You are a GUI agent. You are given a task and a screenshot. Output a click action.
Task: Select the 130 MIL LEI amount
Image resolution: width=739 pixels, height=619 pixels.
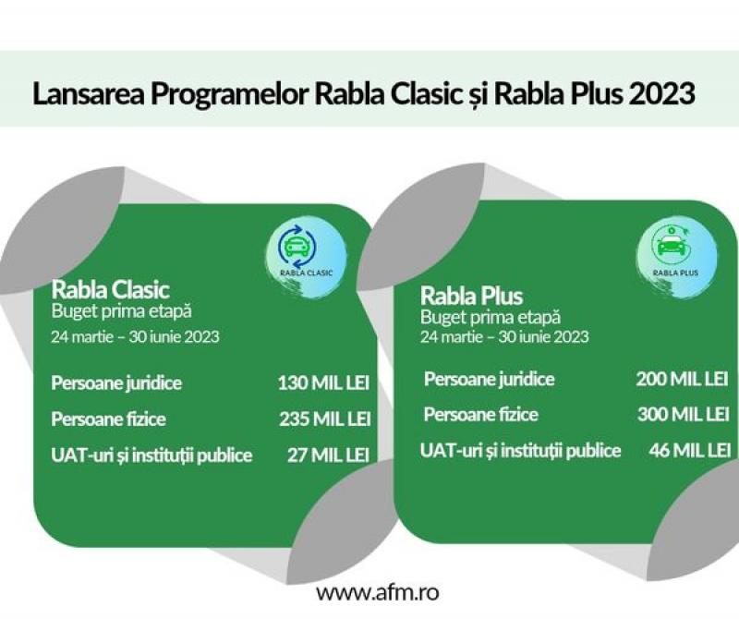click(323, 382)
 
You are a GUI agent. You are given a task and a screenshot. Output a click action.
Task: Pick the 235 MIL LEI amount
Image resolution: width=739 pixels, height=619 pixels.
click(325, 419)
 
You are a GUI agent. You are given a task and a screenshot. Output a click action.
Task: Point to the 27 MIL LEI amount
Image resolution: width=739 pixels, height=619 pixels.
click(329, 455)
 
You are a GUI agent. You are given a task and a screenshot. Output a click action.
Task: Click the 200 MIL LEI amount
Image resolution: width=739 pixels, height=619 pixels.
click(682, 379)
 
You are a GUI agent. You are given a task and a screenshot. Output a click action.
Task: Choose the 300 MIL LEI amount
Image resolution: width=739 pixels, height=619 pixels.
click(684, 414)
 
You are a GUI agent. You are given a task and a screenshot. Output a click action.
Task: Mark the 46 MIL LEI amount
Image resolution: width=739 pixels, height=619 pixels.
click(690, 450)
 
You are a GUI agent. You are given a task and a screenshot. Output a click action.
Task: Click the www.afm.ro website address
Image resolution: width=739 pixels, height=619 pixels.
click(378, 592)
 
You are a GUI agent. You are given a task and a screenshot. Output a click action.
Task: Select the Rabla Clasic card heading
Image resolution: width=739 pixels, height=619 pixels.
click(110, 289)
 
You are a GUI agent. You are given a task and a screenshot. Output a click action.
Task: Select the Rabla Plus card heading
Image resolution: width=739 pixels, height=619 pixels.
click(472, 296)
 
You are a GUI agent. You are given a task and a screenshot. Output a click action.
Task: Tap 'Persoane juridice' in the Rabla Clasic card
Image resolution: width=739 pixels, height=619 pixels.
click(116, 382)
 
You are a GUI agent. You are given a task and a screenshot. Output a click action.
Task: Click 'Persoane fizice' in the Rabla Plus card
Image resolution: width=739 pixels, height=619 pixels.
click(480, 415)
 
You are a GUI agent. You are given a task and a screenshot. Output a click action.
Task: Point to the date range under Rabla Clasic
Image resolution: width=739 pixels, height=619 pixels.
click(135, 336)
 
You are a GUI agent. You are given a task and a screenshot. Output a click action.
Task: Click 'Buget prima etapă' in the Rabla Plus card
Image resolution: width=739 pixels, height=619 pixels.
click(491, 317)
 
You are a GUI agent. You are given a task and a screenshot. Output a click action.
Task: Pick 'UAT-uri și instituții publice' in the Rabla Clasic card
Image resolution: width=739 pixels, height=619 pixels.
click(151, 455)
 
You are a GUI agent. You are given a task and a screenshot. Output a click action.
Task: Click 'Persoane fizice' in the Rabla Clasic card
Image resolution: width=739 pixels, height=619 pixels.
click(108, 419)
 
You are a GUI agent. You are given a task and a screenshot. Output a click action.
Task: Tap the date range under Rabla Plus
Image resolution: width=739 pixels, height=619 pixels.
click(504, 336)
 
